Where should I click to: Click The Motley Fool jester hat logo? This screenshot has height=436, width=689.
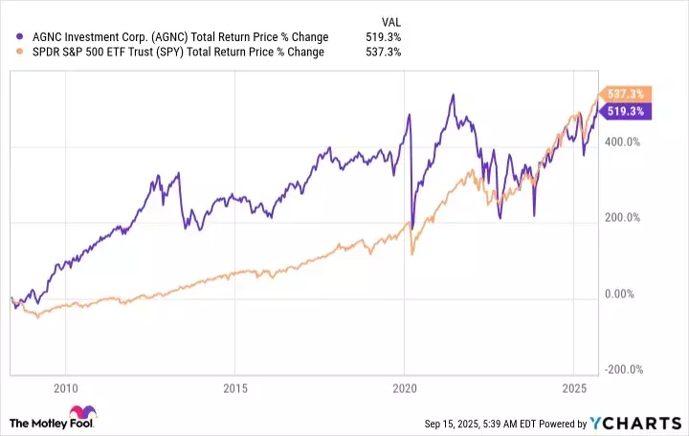pos(20,422)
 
